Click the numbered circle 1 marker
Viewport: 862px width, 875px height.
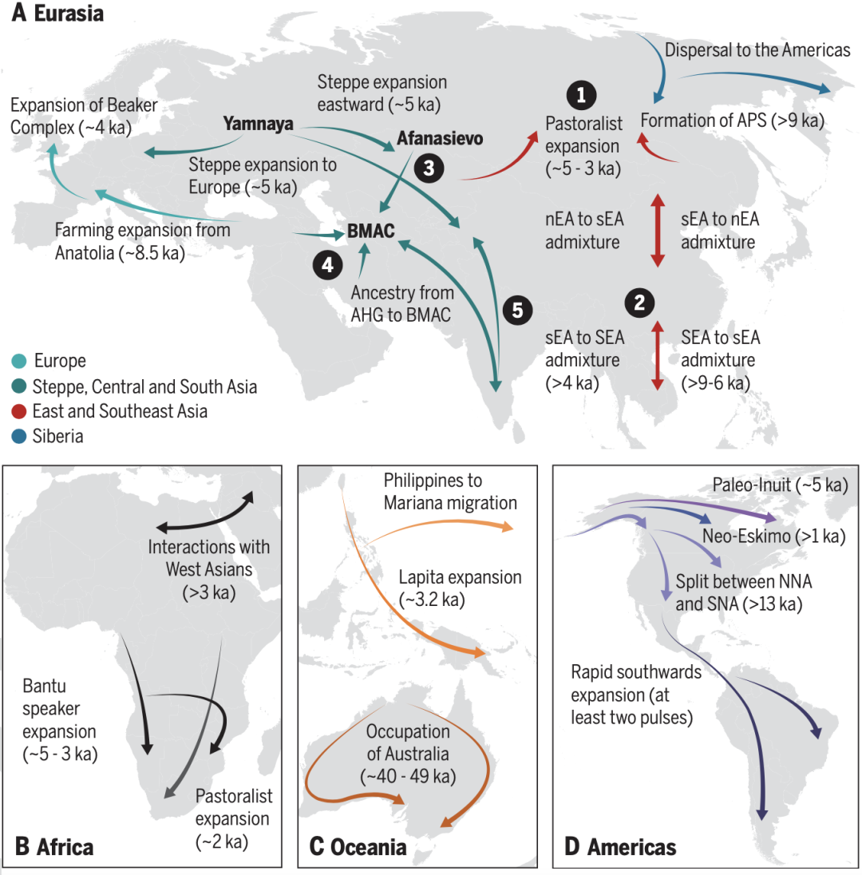click(x=581, y=95)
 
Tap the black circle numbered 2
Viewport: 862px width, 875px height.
click(x=639, y=303)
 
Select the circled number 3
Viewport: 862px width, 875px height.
click(x=429, y=168)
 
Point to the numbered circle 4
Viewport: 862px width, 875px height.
click(x=327, y=264)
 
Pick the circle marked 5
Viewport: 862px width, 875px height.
click(x=517, y=311)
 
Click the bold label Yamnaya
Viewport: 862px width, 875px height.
click(x=259, y=123)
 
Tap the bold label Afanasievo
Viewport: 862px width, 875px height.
click(x=440, y=138)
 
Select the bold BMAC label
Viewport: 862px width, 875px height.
click(x=370, y=231)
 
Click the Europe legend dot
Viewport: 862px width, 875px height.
click(x=19, y=361)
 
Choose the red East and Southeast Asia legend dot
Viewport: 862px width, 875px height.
click(x=19, y=411)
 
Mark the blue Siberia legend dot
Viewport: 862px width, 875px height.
click(x=19, y=436)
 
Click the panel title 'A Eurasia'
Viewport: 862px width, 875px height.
click(x=57, y=13)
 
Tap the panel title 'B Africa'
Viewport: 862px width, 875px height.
click(x=54, y=846)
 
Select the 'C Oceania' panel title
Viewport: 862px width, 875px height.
click(x=358, y=846)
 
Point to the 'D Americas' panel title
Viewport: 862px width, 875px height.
click(x=620, y=846)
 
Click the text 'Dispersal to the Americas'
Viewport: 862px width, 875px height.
click(x=757, y=50)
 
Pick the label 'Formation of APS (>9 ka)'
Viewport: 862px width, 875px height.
click(x=732, y=121)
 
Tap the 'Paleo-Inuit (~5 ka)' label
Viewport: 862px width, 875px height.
click(x=780, y=485)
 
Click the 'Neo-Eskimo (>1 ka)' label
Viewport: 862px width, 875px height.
click(x=774, y=536)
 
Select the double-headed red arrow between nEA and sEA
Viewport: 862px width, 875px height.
click(x=658, y=230)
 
